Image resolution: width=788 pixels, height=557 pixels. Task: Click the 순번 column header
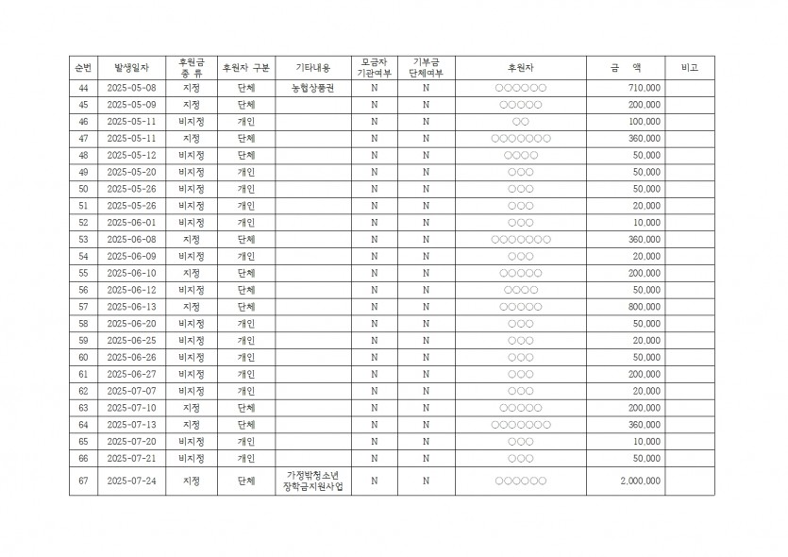pos(83,68)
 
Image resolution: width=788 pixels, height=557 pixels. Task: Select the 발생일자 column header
pos(131,68)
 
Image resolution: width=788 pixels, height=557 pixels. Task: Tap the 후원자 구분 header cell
pos(245,68)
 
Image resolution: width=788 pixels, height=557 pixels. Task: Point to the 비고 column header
pos(689,68)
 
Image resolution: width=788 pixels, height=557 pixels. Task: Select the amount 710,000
pos(644,88)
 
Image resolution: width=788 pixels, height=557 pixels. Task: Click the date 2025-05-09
pos(131,105)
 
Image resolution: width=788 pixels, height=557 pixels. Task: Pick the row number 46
pos(83,122)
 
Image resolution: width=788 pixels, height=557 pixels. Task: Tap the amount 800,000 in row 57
pos(644,307)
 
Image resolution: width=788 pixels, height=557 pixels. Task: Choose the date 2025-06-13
pos(131,307)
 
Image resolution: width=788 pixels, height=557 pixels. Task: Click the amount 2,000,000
pos(641,481)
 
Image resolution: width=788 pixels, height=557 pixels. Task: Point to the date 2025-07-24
pos(131,481)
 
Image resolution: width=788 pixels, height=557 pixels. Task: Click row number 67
pos(83,481)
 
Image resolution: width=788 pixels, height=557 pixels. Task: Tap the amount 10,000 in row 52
pos(646,223)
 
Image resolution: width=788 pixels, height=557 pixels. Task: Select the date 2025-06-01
pos(131,223)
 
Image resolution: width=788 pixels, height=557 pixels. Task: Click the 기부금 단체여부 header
pos(426,68)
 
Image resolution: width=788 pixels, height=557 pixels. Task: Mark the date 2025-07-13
pos(131,425)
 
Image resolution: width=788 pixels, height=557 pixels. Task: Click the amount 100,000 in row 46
pos(644,122)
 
